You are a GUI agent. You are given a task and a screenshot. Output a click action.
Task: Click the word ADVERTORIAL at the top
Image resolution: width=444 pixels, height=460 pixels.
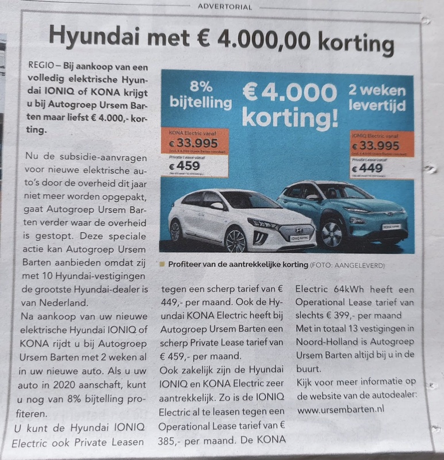tap(224, 7)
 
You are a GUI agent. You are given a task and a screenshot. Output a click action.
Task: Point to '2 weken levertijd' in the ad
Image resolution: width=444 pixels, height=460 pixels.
tap(377, 98)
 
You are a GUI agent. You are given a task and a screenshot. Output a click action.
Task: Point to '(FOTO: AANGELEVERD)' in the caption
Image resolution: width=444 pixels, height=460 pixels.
tap(351, 264)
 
